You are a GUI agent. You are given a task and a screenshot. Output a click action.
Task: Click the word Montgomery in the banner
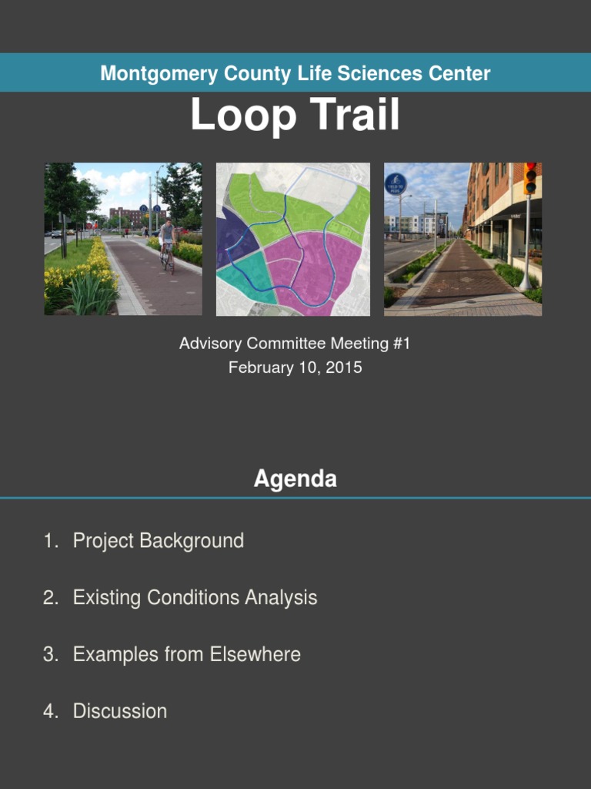tap(159, 74)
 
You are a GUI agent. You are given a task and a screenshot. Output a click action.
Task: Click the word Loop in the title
tap(243, 115)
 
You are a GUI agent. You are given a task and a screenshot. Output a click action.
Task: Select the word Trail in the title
tap(354, 114)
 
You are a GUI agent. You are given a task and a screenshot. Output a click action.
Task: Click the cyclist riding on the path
tap(167, 246)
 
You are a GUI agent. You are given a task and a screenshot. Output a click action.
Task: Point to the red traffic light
tap(530, 178)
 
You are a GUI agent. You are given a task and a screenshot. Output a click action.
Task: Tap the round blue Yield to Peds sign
tap(396, 184)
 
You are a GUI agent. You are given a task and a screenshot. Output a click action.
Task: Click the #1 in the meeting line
tap(402, 344)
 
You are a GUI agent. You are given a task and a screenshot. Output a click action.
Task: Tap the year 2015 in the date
tap(344, 368)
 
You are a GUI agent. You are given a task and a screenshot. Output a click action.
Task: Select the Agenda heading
tap(295, 478)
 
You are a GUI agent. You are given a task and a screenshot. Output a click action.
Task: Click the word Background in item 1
tap(192, 541)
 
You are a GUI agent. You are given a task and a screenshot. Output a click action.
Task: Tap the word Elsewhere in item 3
tap(255, 654)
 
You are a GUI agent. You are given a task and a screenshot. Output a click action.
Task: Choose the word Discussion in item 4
tap(119, 711)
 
